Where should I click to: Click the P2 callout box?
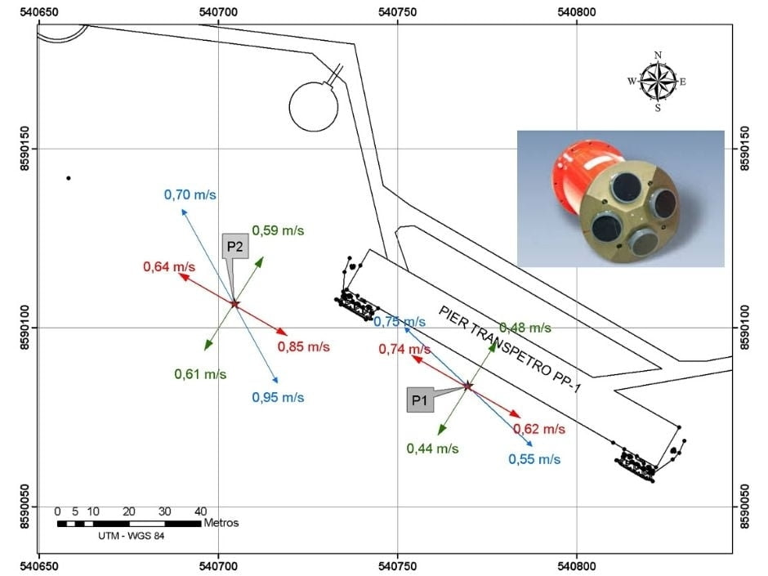click(235, 246)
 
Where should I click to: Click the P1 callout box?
click(420, 400)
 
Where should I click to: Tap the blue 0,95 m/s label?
click(279, 397)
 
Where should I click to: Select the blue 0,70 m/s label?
click(190, 195)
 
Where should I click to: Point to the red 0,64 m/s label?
click(169, 267)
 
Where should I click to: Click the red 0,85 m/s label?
click(304, 346)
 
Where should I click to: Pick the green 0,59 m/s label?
click(279, 230)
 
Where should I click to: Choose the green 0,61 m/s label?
click(200, 374)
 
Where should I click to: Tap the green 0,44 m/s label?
click(432, 449)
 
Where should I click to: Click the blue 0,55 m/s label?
click(534, 459)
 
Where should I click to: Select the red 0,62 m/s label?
click(539, 429)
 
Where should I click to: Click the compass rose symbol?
click(658, 81)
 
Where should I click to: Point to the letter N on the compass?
click(658, 55)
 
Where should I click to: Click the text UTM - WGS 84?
click(132, 536)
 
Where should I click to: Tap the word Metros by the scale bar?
click(221, 523)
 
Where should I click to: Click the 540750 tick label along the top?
click(398, 11)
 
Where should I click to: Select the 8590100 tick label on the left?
click(26, 328)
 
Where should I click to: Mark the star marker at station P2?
click(235, 304)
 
